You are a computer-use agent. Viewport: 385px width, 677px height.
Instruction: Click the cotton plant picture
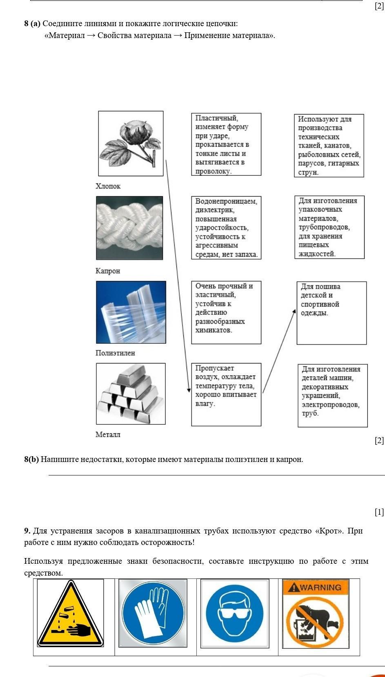pyautogui.click(x=131, y=143)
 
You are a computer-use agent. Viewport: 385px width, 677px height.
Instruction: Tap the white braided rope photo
pyautogui.click(x=129, y=228)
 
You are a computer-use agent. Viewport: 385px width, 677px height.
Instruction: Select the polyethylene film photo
pyautogui.click(x=131, y=312)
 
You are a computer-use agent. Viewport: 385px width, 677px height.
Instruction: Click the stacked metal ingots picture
pyautogui.click(x=131, y=393)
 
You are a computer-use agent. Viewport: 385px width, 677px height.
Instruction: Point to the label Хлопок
pyautogui.click(x=108, y=186)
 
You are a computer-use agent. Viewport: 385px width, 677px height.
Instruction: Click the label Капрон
pyautogui.click(x=108, y=271)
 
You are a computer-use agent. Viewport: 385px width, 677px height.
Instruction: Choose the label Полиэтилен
pyautogui.click(x=115, y=353)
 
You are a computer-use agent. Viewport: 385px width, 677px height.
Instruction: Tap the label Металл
pyautogui.click(x=108, y=435)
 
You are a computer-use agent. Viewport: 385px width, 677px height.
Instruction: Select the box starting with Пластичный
pyautogui.click(x=226, y=144)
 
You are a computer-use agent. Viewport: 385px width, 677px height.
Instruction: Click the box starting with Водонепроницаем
pyautogui.click(x=226, y=228)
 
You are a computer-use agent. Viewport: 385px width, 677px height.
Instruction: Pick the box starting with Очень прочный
pyautogui.click(x=226, y=312)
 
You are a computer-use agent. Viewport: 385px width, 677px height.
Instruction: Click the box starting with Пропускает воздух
pyautogui.click(x=226, y=394)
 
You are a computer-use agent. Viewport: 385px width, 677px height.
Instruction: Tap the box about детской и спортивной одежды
pyautogui.click(x=332, y=313)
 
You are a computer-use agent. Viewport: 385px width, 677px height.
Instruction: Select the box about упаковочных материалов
pyautogui.click(x=329, y=227)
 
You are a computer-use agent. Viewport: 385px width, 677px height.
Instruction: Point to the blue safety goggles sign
pyautogui.click(x=235, y=613)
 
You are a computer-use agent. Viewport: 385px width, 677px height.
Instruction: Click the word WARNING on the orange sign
pyautogui.click(x=320, y=587)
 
